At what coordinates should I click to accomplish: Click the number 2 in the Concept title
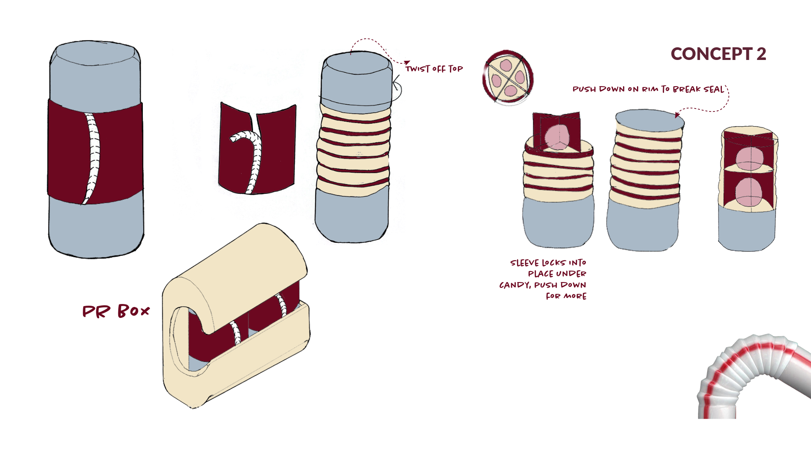[761, 54]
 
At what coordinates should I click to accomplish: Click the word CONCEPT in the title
[712, 54]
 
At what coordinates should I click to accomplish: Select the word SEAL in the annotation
[714, 89]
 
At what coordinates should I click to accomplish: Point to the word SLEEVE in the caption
[525, 263]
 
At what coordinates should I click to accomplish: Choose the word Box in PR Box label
[133, 311]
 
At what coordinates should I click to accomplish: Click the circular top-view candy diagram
[508, 78]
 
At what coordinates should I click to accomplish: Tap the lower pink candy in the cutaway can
[749, 193]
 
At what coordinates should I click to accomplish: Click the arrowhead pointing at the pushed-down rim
[677, 115]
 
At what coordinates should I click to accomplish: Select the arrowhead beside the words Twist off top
[407, 63]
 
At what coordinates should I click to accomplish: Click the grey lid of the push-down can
[650, 121]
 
